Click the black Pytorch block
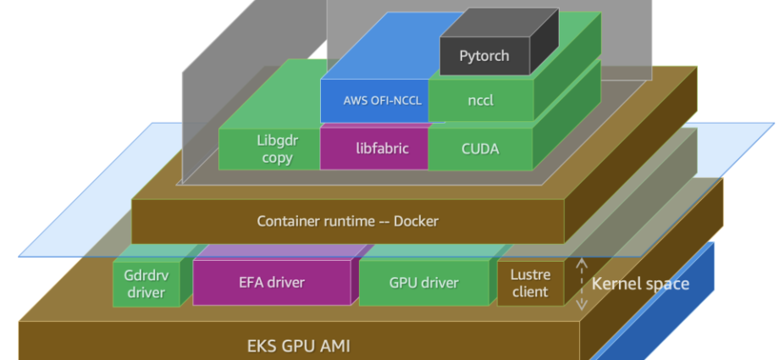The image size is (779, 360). coord(485,56)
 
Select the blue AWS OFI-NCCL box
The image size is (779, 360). coord(374,101)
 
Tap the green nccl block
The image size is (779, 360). coord(480,101)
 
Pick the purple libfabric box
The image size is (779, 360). coord(374,148)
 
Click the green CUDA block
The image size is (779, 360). coord(480,148)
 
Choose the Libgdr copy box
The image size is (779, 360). coord(269,148)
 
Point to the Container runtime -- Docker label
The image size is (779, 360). coord(348,221)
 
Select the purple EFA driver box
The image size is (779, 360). coord(271,283)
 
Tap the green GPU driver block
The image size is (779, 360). coord(423,283)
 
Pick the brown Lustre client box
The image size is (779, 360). coord(530,284)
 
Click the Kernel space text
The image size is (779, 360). coord(640,284)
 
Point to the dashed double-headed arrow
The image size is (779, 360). coord(582,284)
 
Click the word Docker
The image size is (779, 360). coord(413,221)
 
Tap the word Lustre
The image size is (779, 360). coord(530,274)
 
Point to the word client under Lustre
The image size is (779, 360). coord(530,292)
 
